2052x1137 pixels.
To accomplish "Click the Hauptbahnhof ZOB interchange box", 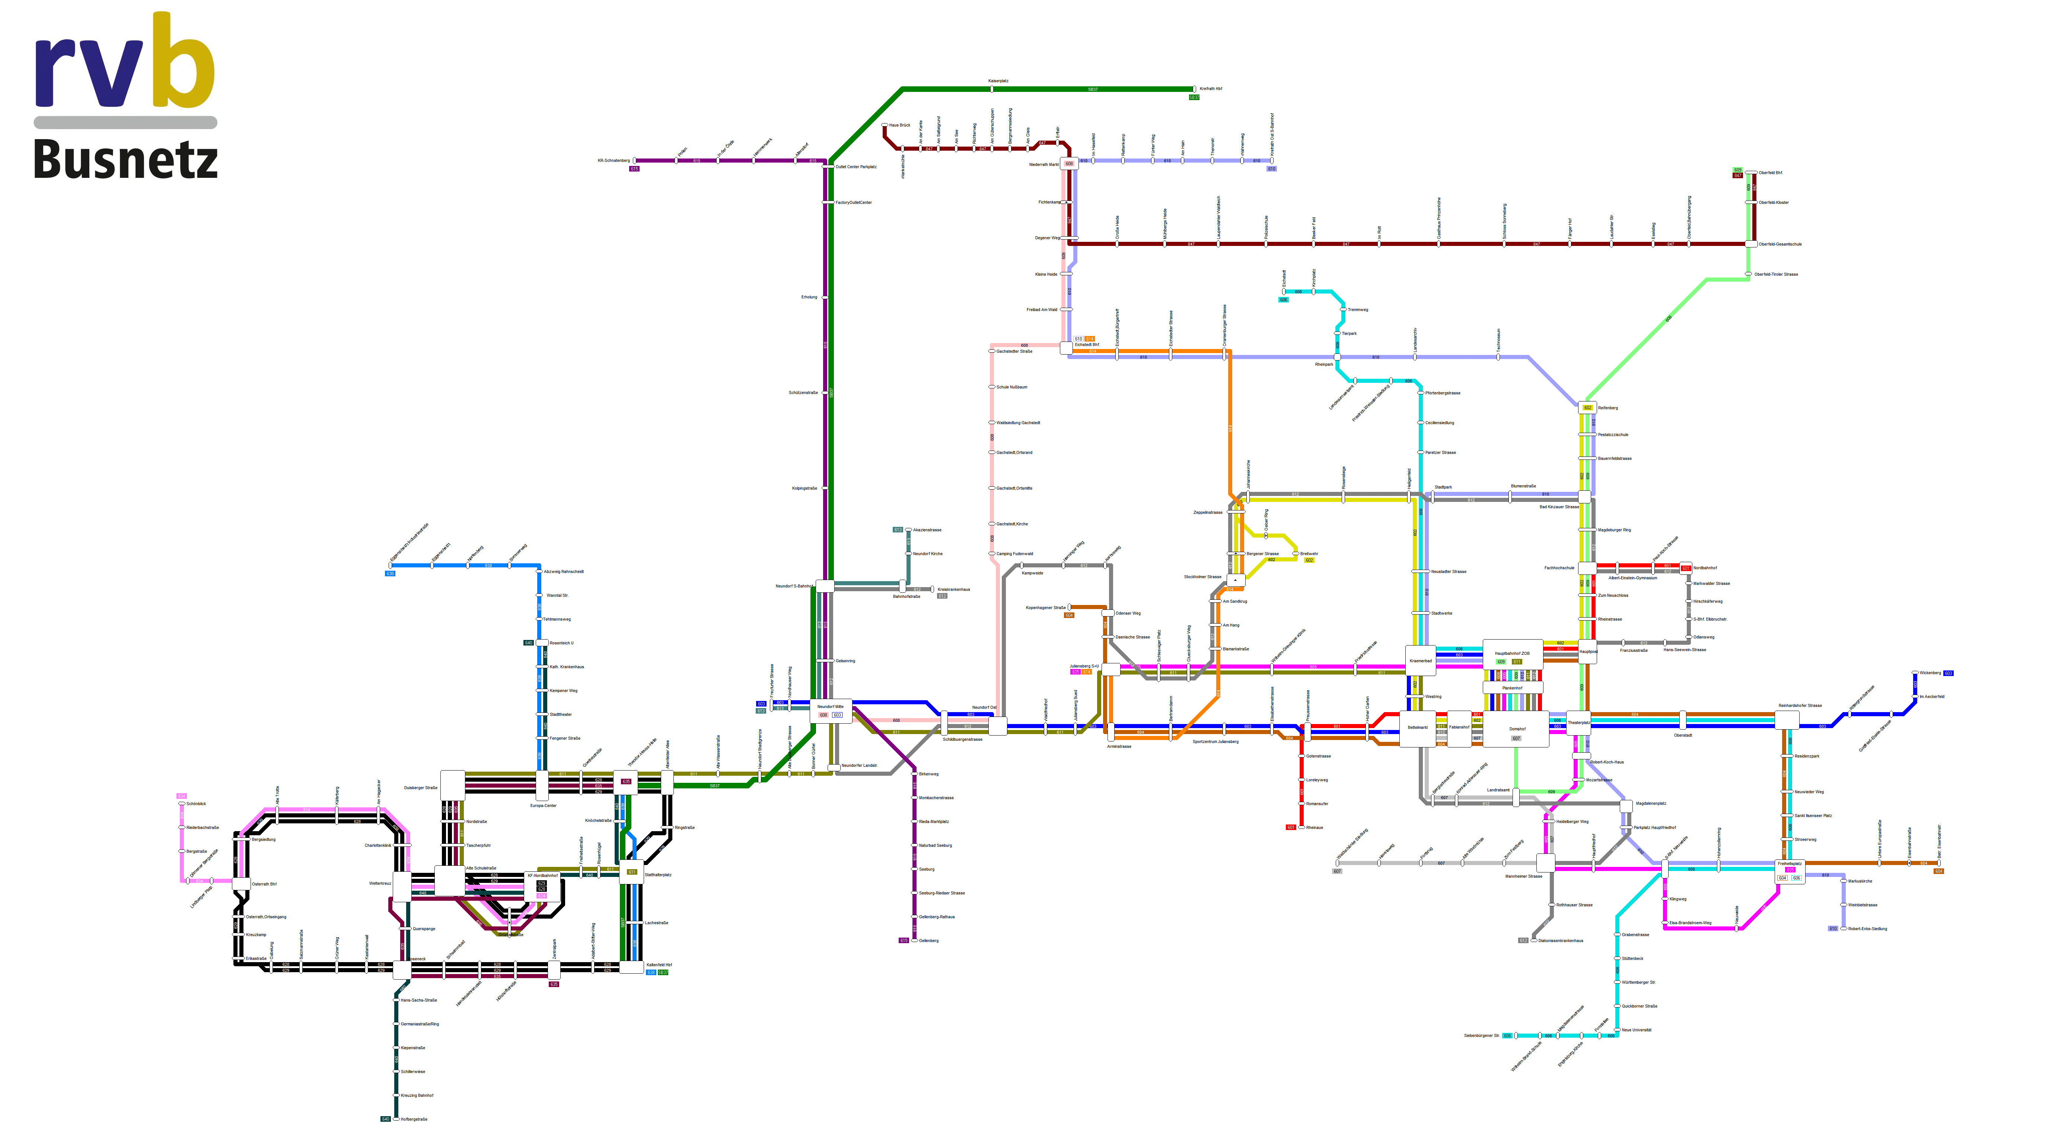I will [x=1512, y=654].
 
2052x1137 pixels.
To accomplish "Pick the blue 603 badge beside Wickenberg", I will [x=1949, y=673].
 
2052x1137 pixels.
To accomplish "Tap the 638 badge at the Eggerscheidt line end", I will [x=390, y=573].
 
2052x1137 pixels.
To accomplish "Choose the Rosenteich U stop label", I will [x=561, y=643].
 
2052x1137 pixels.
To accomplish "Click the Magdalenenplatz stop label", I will [x=1651, y=803].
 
